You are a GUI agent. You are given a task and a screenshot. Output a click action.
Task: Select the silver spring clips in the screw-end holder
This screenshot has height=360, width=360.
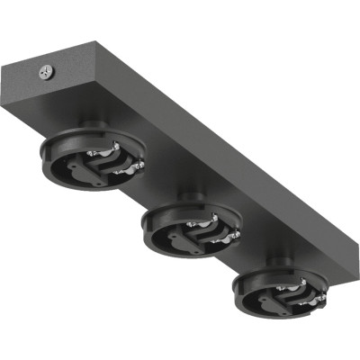click(x=126, y=162)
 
